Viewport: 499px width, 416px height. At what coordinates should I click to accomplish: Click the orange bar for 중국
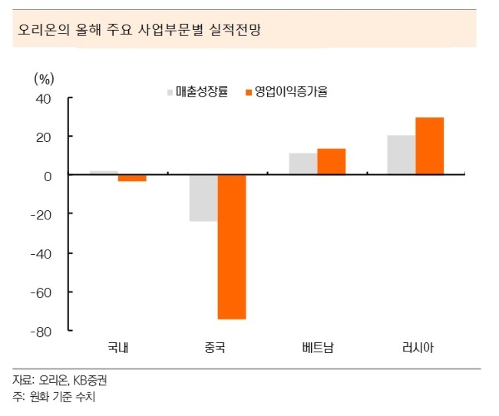[x=232, y=247]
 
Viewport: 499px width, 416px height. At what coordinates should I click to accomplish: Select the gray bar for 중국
[x=203, y=198]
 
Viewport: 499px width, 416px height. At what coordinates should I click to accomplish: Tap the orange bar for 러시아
[x=430, y=146]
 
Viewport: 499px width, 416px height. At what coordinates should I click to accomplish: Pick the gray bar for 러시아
[x=402, y=155]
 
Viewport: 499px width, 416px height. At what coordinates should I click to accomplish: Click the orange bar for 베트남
[x=332, y=161]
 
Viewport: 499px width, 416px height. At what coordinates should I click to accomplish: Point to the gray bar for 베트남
[x=303, y=163]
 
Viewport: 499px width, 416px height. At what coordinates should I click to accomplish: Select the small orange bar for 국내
[x=132, y=178]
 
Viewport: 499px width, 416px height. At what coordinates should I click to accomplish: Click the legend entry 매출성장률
[x=197, y=91]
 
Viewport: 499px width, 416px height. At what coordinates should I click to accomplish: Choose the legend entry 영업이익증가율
[x=286, y=91]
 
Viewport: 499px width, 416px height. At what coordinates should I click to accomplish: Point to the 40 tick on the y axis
[x=43, y=99]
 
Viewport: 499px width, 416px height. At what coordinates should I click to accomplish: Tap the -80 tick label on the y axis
[x=41, y=332]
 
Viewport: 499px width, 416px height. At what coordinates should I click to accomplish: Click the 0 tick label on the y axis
[x=48, y=177]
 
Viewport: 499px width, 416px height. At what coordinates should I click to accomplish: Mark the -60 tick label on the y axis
[x=41, y=292]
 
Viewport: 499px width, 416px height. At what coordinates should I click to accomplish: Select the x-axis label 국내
[x=118, y=347]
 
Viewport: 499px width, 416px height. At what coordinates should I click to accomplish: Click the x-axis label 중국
[x=215, y=347]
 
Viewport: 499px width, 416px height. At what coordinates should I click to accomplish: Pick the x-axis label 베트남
[x=318, y=347]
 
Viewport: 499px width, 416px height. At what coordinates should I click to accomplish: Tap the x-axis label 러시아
[x=418, y=347]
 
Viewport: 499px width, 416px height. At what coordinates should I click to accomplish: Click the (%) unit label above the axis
[x=45, y=78]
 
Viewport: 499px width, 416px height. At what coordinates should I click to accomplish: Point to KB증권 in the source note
[x=90, y=380]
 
